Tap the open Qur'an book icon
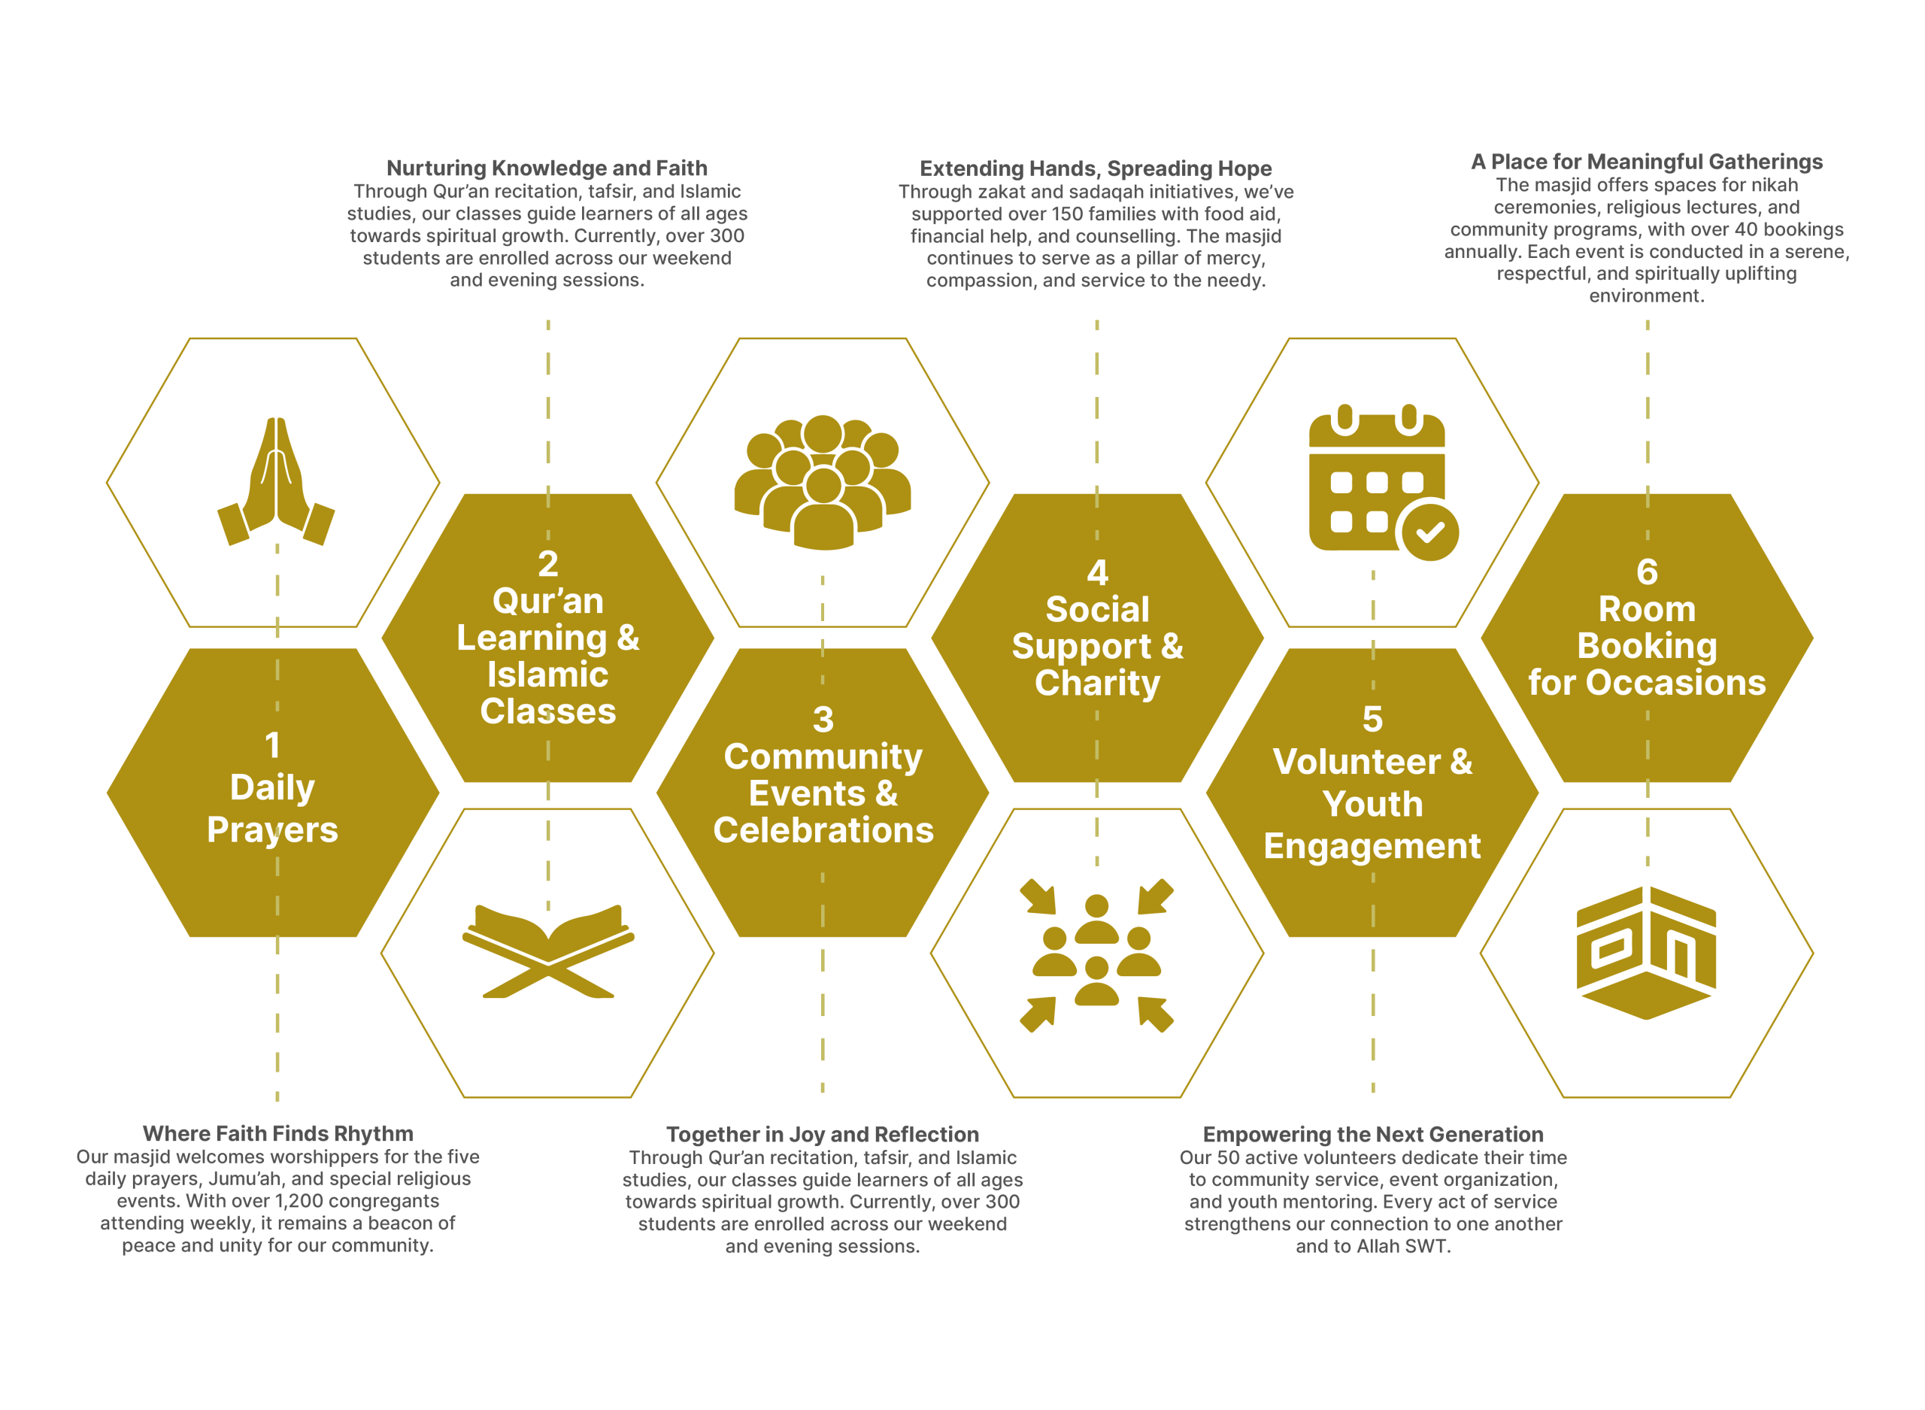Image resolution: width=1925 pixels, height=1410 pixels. point(548,949)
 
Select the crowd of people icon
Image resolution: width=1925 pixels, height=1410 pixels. point(823,482)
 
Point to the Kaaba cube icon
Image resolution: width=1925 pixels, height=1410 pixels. point(1646,953)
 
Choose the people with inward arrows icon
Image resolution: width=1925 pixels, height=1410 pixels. point(1096,955)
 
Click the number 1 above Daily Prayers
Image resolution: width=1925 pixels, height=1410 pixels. point(272,745)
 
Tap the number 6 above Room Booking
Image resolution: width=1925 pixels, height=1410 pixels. point(1647,572)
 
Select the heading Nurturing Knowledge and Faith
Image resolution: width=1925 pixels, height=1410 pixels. point(547,168)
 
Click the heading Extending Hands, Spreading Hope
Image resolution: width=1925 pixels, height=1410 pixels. point(1096,168)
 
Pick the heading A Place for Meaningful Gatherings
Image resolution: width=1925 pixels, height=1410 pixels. point(1647,162)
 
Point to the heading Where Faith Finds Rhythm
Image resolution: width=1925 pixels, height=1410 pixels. point(277,1133)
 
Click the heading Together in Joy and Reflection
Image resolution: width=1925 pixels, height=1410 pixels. point(823,1134)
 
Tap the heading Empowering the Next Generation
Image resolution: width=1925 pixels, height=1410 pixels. point(1373,1134)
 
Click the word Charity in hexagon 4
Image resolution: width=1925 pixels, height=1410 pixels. point(1097,683)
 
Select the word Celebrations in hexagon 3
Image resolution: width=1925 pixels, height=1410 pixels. point(823,830)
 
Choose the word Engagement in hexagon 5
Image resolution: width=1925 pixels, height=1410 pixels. point(1372,846)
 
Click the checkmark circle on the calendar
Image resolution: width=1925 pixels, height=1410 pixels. point(1429,532)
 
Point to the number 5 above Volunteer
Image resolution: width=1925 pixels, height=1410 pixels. point(1372,719)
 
